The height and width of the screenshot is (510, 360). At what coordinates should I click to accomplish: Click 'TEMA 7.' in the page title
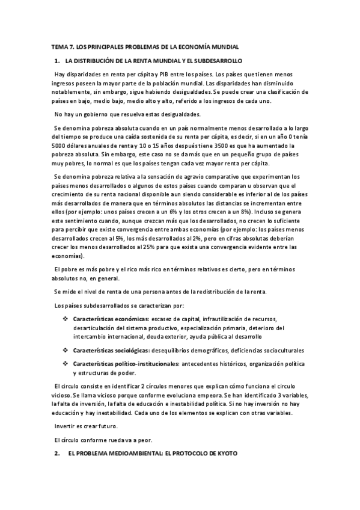point(60,46)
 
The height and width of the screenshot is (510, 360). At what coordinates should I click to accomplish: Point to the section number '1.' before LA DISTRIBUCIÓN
point(57,61)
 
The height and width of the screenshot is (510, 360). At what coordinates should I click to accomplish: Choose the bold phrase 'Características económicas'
point(111,319)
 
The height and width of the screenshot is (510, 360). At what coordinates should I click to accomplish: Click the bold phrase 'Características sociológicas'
point(111,350)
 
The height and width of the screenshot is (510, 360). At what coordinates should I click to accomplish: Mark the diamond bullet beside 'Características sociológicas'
point(65,350)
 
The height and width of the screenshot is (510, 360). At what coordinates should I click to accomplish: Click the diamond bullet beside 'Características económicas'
point(65,319)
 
